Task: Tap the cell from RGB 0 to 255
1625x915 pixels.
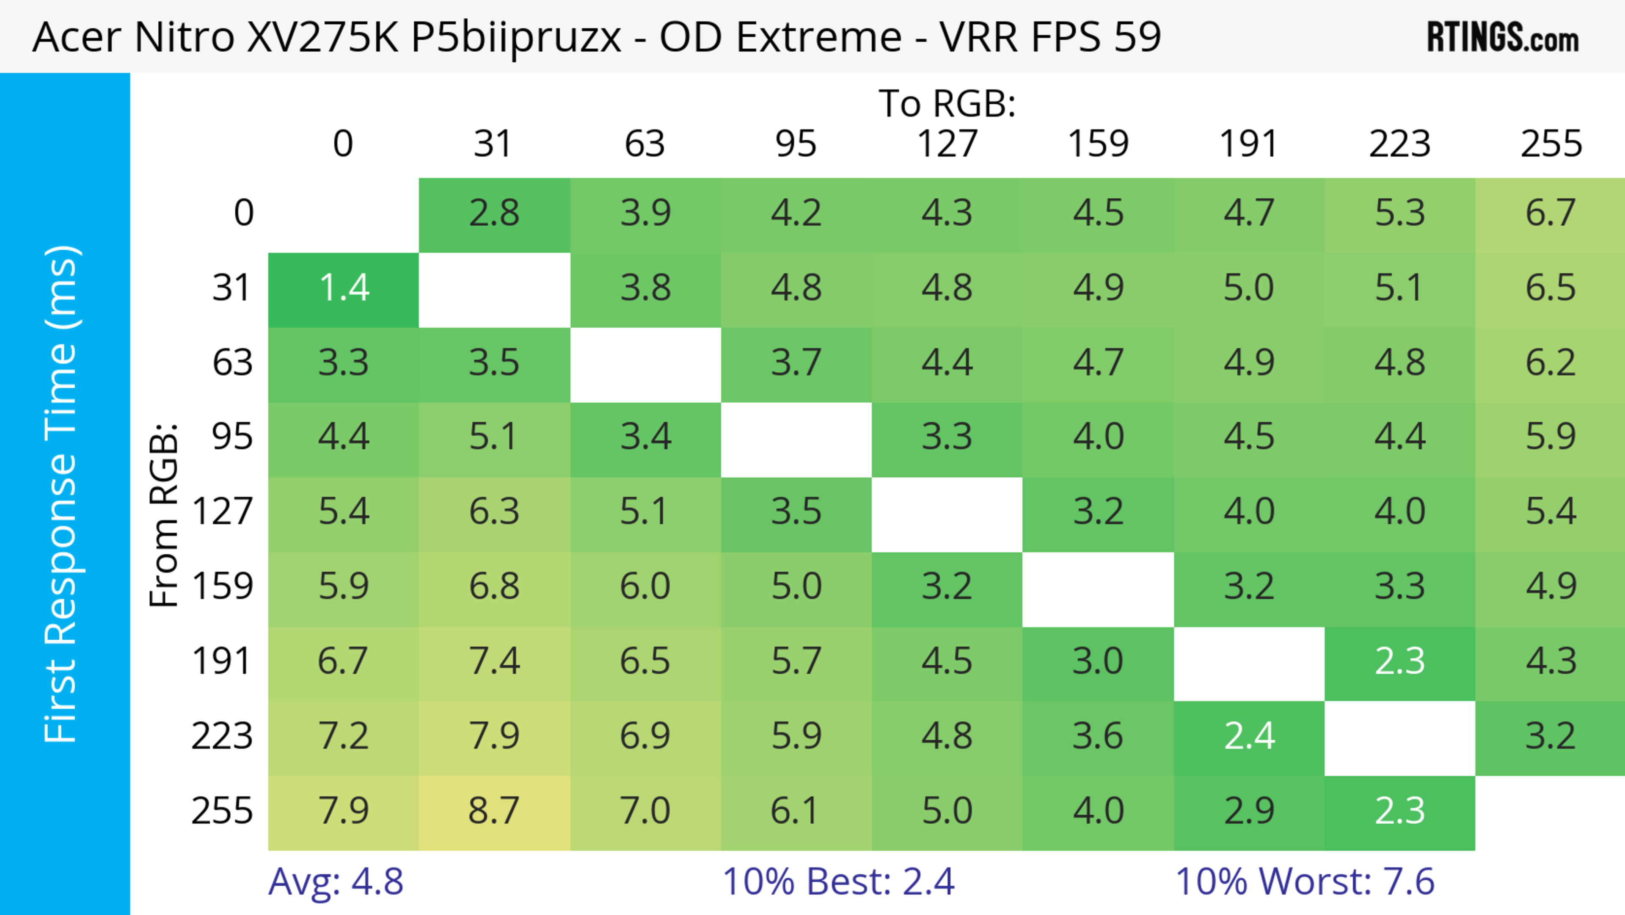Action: pyautogui.click(x=1551, y=214)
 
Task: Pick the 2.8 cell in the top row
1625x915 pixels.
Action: pyautogui.click(x=494, y=214)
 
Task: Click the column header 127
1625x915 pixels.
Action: pyautogui.click(x=947, y=144)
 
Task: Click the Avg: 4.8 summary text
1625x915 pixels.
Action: pyautogui.click(x=336, y=882)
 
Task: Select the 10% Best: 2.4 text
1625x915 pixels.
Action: pyautogui.click(x=838, y=882)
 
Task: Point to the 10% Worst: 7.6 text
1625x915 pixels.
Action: pyautogui.click(x=1305, y=882)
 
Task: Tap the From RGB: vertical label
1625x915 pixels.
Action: pyautogui.click(x=164, y=515)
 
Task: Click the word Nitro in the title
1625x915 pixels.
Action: pyautogui.click(x=184, y=36)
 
